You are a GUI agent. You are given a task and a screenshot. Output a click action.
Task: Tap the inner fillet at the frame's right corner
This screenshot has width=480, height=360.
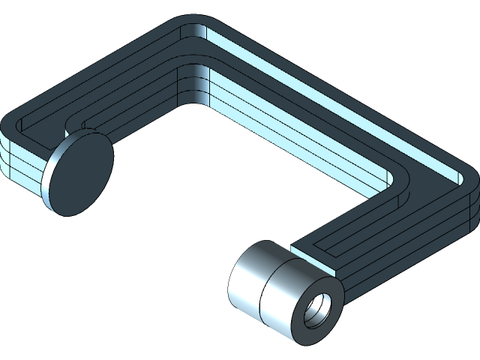pyautogui.click(x=396, y=180)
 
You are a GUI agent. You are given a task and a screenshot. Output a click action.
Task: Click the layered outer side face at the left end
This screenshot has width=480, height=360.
pyautogui.click(x=19, y=161)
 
